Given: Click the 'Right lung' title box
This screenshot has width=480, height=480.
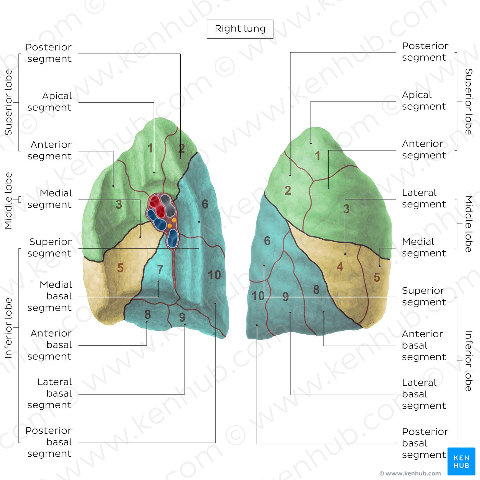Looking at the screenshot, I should click(x=240, y=29).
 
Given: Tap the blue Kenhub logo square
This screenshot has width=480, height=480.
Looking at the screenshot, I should click(x=461, y=461).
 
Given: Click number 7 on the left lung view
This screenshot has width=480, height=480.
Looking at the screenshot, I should click(x=160, y=269).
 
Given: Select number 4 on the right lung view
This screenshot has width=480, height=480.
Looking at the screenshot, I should click(x=340, y=266).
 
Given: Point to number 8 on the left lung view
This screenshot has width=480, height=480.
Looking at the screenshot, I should click(x=147, y=314).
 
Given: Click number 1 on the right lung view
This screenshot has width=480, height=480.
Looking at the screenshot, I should click(x=318, y=156).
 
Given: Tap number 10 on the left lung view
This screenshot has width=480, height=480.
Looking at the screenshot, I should click(x=214, y=275).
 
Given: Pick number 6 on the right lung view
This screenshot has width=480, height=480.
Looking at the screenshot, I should click(x=267, y=241).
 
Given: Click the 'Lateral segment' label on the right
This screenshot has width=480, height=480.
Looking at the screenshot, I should click(x=424, y=199).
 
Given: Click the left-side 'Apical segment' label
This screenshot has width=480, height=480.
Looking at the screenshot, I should click(x=50, y=101).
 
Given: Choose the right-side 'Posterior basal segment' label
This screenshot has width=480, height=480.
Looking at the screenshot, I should click(x=424, y=443).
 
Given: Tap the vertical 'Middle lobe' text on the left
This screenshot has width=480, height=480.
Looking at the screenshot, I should click(x=8, y=201).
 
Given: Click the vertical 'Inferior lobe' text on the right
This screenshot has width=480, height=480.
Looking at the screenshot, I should click(x=468, y=361).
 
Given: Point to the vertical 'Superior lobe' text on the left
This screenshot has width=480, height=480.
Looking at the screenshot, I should click(x=8, y=102).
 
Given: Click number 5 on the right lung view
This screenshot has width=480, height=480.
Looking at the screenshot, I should click(x=377, y=277).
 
